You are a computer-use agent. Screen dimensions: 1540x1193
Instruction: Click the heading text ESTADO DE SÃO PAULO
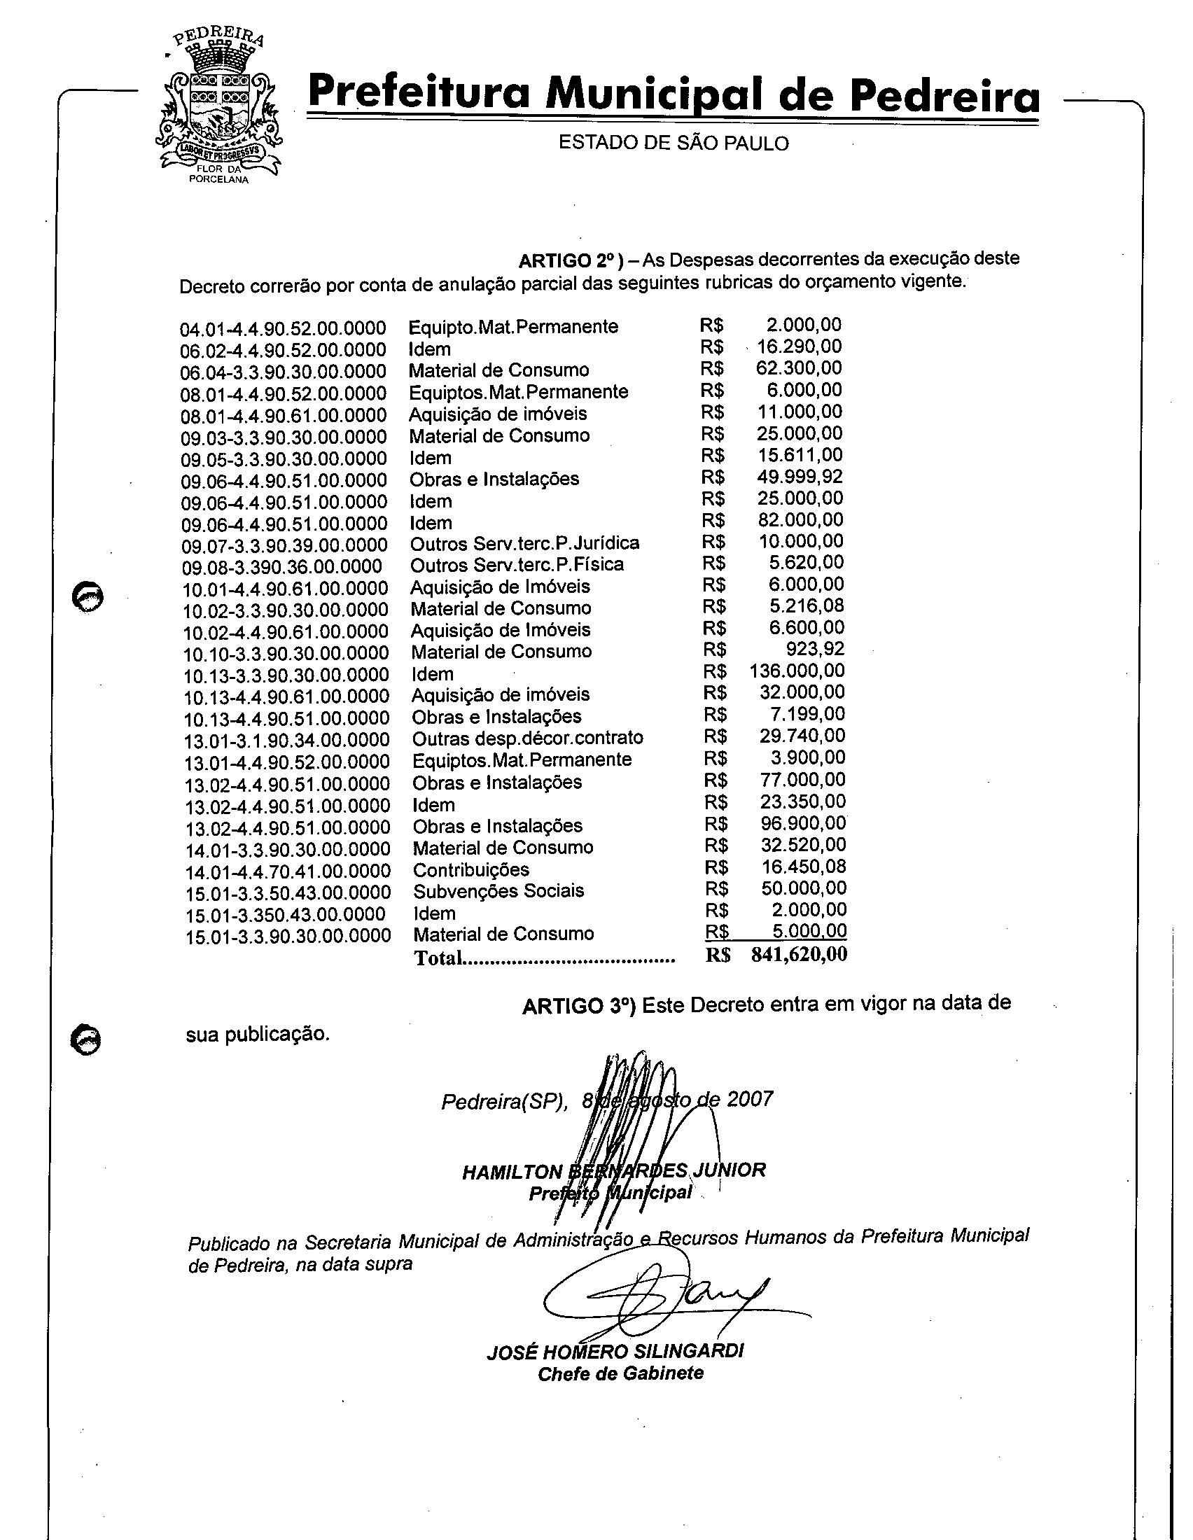[674, 143]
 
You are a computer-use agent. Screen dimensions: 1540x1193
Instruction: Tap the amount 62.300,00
[799, 368]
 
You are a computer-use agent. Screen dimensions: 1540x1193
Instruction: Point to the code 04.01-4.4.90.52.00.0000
[283, 329]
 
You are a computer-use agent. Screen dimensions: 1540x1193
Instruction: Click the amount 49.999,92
[800, 477]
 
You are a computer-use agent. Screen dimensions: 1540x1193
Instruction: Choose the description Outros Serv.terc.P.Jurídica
[524, 543]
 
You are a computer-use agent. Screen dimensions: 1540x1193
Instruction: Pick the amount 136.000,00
[797, 671]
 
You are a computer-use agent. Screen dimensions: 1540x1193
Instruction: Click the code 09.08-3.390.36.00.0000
[281, 567]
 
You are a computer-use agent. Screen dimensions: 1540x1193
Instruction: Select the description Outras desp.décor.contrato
[527, 738]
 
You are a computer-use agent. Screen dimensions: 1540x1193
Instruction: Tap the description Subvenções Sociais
[498, 890]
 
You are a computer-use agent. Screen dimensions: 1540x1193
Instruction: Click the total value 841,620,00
[799, 955]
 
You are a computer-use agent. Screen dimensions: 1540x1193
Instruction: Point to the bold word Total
[438, 958]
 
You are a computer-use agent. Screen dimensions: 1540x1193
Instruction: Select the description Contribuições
[471, 869]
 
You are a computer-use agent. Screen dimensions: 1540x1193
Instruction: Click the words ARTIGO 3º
[579, 1006]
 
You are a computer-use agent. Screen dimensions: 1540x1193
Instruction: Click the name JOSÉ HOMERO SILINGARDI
[615, 1351]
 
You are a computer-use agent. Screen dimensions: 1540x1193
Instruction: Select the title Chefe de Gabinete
[620, 1373]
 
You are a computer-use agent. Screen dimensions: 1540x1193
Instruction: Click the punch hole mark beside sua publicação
[87, 1040]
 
